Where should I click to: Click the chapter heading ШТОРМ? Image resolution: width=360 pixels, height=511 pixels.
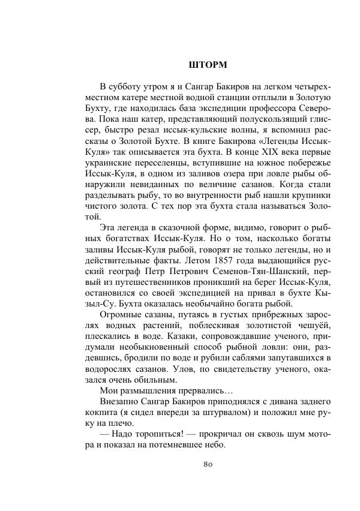207,64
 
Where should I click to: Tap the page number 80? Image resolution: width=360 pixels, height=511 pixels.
207,465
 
